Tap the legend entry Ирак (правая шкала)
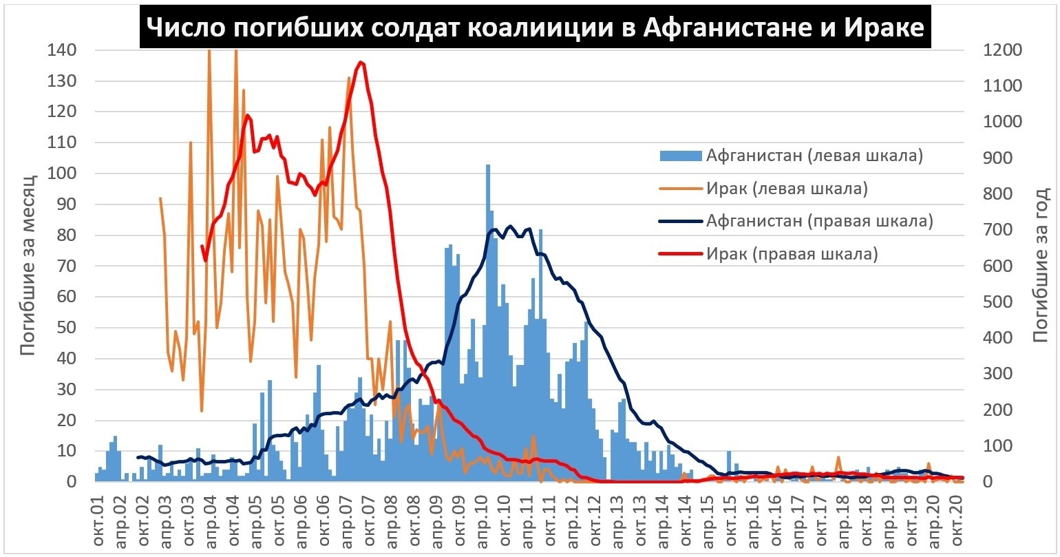(x=792, y=254)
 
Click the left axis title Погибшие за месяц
(x=27, y=265)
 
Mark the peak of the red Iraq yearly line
(x=361, y=63)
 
